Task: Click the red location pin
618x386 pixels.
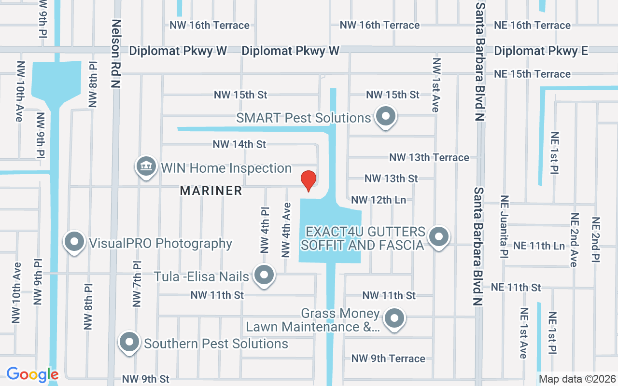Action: pyautogui.click(x=309, y=181)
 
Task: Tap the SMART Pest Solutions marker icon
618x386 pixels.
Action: pyautogui.click(x=386, y=116)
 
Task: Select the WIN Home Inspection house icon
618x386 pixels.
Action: pyautogui.click(x=146, y=167)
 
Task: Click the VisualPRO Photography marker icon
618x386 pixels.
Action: pyautogui.click(x=74, y=242)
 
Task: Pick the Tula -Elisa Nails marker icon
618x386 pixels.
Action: pyautogui.click(x=264, y=276)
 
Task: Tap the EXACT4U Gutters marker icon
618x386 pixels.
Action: pyautogui.click(x=438, y=237)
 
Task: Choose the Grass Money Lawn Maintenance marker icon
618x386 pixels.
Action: pyautogui.click(x=394, y=318)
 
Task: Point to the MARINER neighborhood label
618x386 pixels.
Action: pyautogui.click(x=211, y=191)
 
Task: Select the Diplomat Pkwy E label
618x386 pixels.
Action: pyautogui.click(x=541, y=51)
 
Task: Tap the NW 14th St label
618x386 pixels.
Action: pyautogui.click(x=239, y=144)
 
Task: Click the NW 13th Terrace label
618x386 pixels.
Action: pyautogui.click(x=429, y=157)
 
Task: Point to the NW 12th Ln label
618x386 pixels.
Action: pyautogui.click(x=379, y=200)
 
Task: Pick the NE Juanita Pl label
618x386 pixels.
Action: pyautogui.click(x=505, y=226)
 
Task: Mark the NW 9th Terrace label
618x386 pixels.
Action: pyautogui.click(x=388, y=358)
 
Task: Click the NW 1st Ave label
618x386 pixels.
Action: pyautogui.click(x=436, y=85)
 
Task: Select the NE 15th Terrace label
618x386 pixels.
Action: pyautogui.click(x=532, y=74)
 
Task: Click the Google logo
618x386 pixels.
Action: pyautogui.click(x=32, y=374)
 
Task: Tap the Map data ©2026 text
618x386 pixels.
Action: pyautogui.click(x=577, y=379)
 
